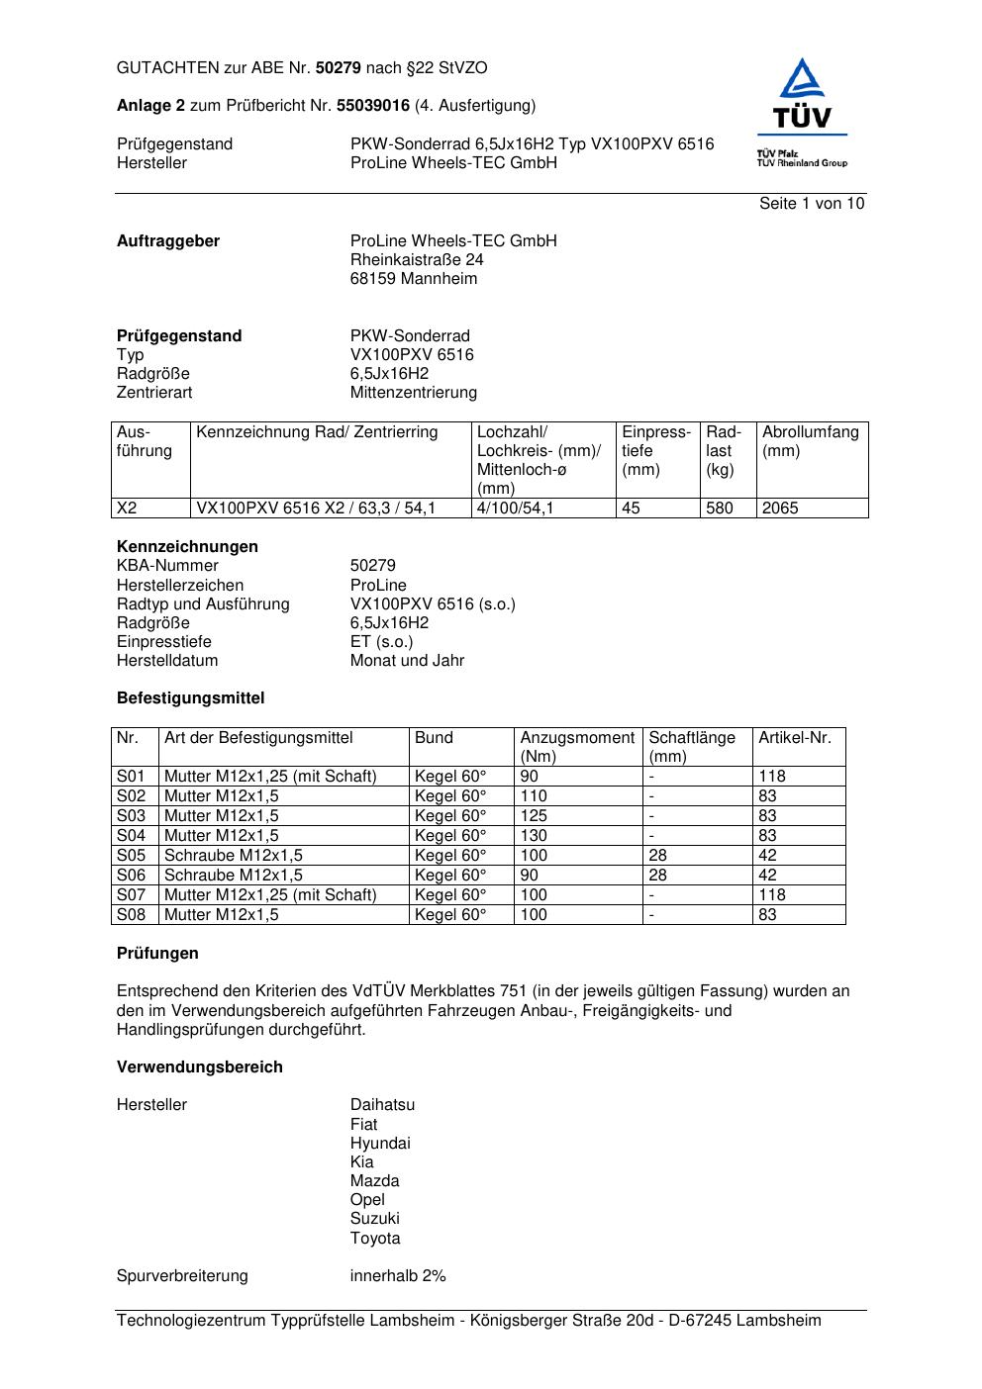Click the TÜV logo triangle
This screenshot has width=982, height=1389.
(x=801, y=80)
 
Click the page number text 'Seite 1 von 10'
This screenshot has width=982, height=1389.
(x=811, y=204)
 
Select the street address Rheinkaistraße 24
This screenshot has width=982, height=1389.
(x=417, y=260)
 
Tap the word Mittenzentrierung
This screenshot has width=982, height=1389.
(x=413, y=393)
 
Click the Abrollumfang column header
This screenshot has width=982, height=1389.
(x=810, y=432)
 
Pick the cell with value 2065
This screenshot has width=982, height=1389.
(x=780, y=509)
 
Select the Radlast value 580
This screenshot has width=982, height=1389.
(x=720, y=509)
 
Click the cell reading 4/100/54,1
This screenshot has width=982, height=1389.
(x=516, y=509)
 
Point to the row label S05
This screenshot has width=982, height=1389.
(x=132, y=856)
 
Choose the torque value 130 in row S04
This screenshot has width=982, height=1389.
(x=534, y=836)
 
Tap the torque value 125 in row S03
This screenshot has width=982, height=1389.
(x=534, y=816)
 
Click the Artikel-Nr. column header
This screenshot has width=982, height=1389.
(x=795, y=738)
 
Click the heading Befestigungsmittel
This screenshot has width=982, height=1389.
(x=190, y=698)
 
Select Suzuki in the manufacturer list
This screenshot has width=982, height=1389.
(x=374, y=1219)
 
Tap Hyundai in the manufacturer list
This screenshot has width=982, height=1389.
(x=380, y=1144)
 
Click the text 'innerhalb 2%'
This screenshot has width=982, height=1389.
(x=398, y=1276)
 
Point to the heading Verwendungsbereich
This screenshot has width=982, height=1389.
(x=200, y=1067)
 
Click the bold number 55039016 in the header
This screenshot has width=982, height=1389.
(x=373, y=106)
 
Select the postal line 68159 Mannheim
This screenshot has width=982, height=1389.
(x=413, y=279)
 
